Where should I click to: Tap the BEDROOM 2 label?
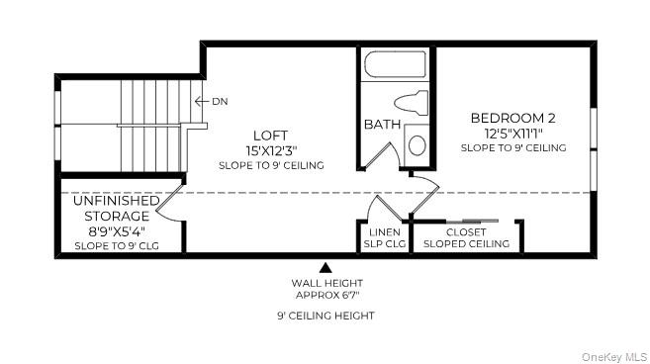(512, 117)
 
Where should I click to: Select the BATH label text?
(382, 125)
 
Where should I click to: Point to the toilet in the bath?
(410, 102)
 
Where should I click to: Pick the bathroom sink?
(417, 145)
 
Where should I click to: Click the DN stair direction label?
(220, 101)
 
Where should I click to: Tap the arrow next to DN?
(201, 101)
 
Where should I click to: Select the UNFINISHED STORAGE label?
(116, 207)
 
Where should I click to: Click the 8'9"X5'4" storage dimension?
(116, 230)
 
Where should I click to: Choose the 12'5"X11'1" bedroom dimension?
(512, 133)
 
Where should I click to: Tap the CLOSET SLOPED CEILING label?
(466, 237)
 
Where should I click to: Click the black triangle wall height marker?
(325, 266)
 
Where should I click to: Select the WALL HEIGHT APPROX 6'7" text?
(325, 288)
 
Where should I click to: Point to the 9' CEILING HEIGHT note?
(325, 316)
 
